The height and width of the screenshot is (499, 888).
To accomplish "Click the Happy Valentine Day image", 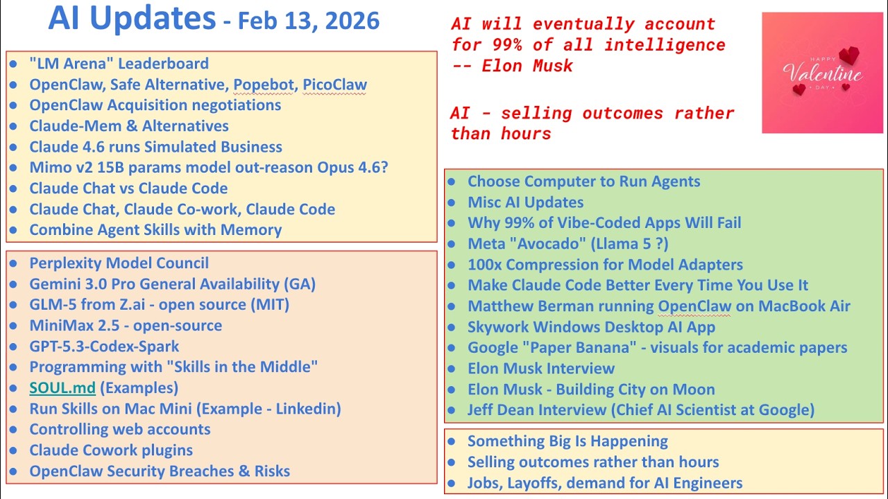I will coord(823,73).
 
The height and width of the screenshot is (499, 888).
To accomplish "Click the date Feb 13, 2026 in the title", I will coord(309,21).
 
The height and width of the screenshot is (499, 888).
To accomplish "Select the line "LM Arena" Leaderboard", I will coord(119,64).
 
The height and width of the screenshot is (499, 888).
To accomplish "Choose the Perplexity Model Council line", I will coord(119,263).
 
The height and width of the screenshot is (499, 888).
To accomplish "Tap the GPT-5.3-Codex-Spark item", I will coord(104,347).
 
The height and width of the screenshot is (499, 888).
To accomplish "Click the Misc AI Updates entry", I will coord(525,202).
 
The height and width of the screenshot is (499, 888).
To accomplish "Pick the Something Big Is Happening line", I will coord(567,441).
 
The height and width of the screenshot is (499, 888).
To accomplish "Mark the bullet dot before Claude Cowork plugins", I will coord(14,450).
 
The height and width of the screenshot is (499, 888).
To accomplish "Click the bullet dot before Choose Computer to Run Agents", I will coord(452,182).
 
